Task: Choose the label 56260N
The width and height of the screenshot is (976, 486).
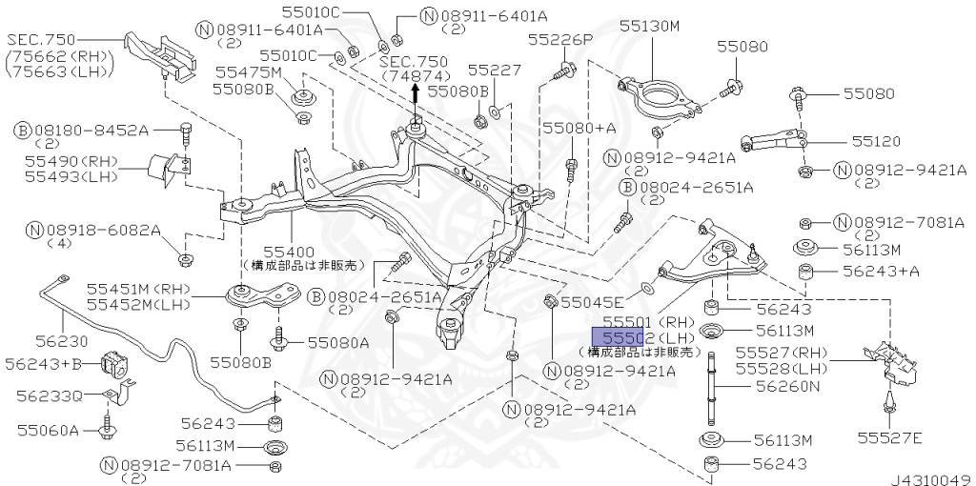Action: [x=787, y=386]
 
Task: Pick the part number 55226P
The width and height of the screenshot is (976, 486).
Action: [x=560, y=40]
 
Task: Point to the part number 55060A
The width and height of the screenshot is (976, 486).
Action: [x=47, y=431]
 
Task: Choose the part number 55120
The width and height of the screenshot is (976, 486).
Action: [x=876, y=140]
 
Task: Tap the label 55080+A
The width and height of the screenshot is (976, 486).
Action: [x=579, y=127]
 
